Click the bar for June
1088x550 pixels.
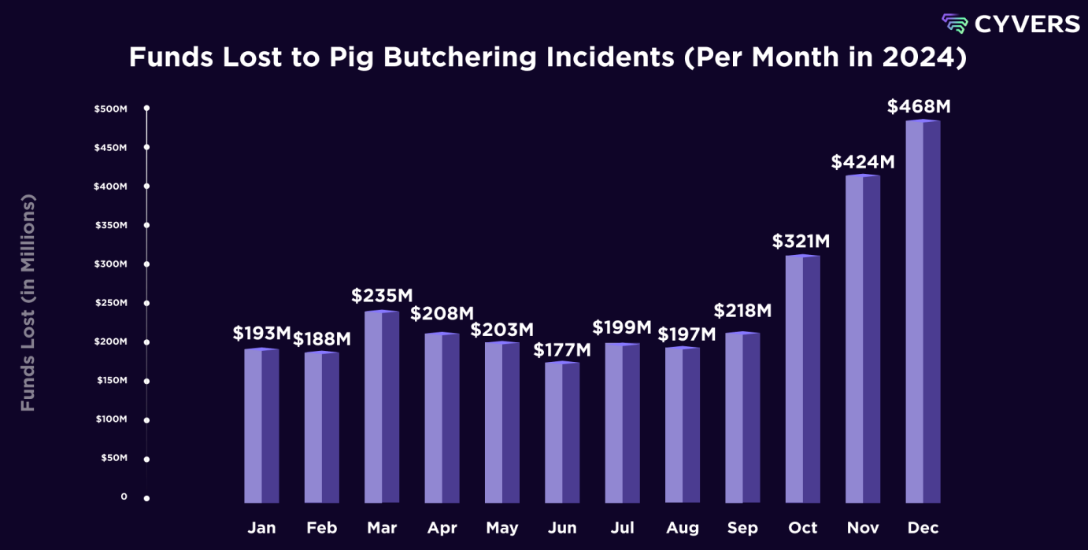(562, 433)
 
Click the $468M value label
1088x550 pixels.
(919, 106)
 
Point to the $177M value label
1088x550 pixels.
(562, 349)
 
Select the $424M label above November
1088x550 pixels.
(863, 162)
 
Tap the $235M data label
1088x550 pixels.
(382, 296)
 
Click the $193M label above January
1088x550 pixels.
(262, 333)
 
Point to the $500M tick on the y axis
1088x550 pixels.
(110, 108)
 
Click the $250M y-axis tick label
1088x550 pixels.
(110, 303)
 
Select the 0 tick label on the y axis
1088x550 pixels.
(124, 496)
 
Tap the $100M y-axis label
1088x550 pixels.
(110, 419)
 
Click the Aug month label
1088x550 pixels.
(682, 528)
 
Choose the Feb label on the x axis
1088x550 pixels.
(321, 528)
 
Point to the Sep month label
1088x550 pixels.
(742, 528)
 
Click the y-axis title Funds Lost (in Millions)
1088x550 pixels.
(28, 303)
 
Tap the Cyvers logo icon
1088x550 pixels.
(955, 24)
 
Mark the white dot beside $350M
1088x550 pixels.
(146, 225)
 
